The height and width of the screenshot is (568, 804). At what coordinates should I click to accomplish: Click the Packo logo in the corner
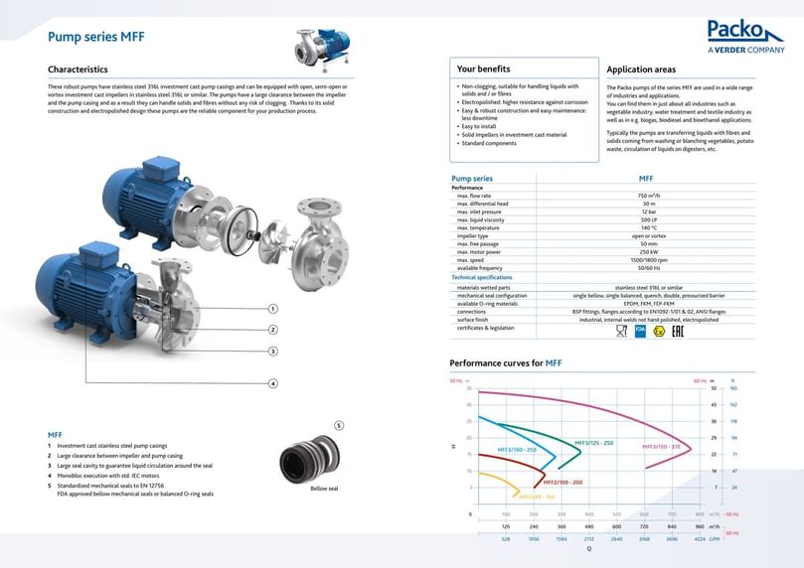click(x=745, y=36)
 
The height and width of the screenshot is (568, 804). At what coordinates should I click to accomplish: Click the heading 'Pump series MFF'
click(x=96, y=37)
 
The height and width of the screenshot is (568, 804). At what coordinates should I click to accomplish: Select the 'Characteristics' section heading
click(x=78, y=70)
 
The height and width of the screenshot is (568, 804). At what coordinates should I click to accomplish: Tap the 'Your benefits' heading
click(x=483, y=70)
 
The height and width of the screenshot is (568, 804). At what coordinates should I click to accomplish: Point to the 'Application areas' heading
click(x=641, y=70)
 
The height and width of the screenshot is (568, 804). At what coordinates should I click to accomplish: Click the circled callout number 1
click(x=272, y=309)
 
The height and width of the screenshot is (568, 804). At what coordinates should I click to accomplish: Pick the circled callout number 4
click(x=272, y=383)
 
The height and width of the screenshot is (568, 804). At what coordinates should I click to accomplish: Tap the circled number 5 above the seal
click(x=339, y=425)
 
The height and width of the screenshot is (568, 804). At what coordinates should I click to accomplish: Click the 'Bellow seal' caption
click(x=324, y=489)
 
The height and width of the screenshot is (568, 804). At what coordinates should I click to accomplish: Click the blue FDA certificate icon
click(x=639, y=331)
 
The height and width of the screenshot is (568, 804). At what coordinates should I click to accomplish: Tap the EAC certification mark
click(x=677, y=331)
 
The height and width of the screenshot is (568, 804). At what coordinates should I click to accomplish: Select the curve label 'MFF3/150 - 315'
click(x=661, y=447)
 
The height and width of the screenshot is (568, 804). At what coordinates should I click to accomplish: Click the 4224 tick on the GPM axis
click(x=700, y=538)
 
